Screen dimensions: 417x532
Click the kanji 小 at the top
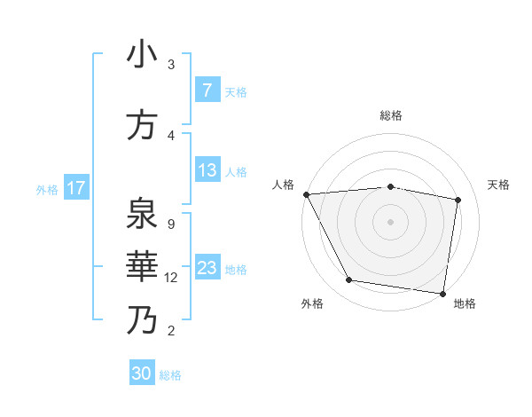(x=142, y=55)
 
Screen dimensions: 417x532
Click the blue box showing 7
(x=207, y=90)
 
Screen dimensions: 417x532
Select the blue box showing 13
(x=207, y=170)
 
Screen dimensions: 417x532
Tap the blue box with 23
(x=207, y=268)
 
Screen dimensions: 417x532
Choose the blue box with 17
(x=76, y=188)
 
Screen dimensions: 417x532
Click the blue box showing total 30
(x=142, y=374)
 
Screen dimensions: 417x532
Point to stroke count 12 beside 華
(x=172, y=278)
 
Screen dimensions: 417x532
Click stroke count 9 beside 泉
(x=170, y=224)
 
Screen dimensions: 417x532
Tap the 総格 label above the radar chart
(x=391, y=115)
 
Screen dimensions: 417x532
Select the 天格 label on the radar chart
(x=499, y=185)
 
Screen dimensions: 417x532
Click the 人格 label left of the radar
(x=284, y=185)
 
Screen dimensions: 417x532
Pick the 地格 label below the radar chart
(x=465, y=303)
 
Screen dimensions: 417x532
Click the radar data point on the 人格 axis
(x=306, y=194)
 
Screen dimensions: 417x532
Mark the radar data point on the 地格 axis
(x=443, y=294)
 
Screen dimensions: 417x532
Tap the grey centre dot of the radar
(x=391, y=222)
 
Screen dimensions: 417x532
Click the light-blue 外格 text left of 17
(x=47, y=189)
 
